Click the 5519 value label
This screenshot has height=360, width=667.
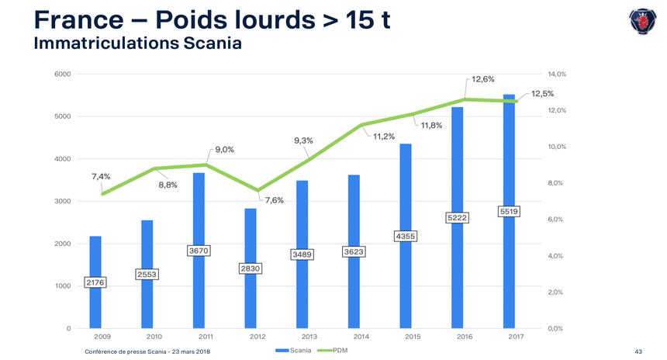509,211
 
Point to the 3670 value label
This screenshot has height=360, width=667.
199,251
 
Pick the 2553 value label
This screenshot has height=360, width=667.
147,274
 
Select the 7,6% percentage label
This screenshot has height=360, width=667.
274,201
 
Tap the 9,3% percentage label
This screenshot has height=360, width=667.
303,140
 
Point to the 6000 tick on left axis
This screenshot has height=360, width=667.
63,74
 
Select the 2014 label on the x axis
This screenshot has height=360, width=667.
361,336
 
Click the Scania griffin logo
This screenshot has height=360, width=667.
642,21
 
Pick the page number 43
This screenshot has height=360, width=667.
638,352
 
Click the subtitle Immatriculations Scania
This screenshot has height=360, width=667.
138,43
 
